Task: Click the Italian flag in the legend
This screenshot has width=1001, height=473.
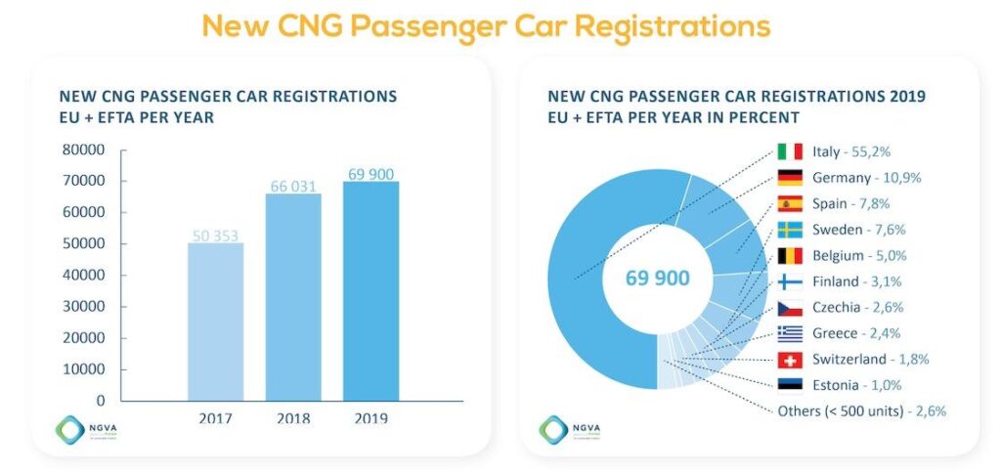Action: pyautogui.click(x=789, y=151)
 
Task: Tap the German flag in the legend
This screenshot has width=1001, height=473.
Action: pyautogui.click(x=789, y=178)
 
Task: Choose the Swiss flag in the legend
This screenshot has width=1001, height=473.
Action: pyautogui.click(x=789, y=359)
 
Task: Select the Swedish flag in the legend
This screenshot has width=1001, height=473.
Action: pyautogui.click(x=789, y=230)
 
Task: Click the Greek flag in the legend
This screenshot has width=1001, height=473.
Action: pyautogui.click(x=789, y=333)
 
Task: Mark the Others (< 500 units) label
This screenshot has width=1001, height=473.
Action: pyautogui.click(x=861, y=410)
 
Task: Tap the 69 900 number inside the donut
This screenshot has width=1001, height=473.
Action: pyautogui.click(x=657, y=278)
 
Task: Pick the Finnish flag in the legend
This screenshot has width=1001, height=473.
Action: pyautogui.click(x=789, y=281)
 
